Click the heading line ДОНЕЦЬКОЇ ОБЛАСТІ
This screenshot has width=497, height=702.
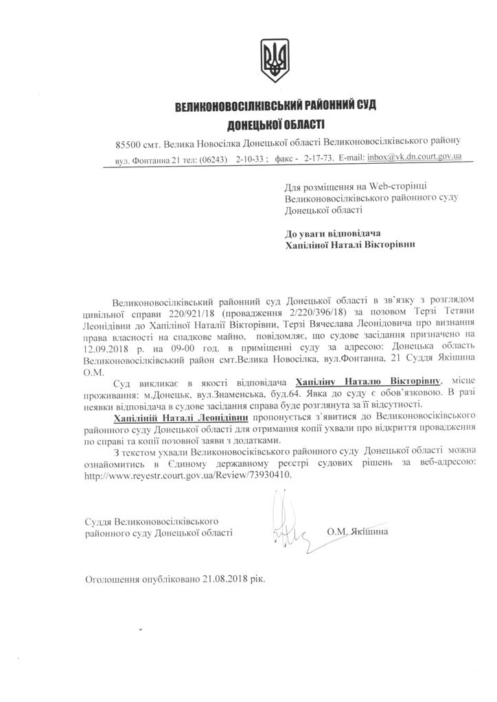pos(276,124)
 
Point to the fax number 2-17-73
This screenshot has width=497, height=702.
pos(319,158)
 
